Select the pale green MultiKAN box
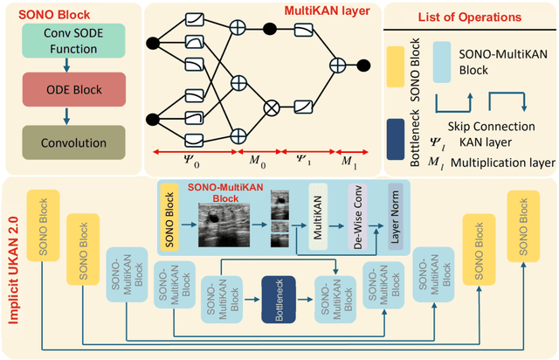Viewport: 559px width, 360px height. click(x=317, y=218)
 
